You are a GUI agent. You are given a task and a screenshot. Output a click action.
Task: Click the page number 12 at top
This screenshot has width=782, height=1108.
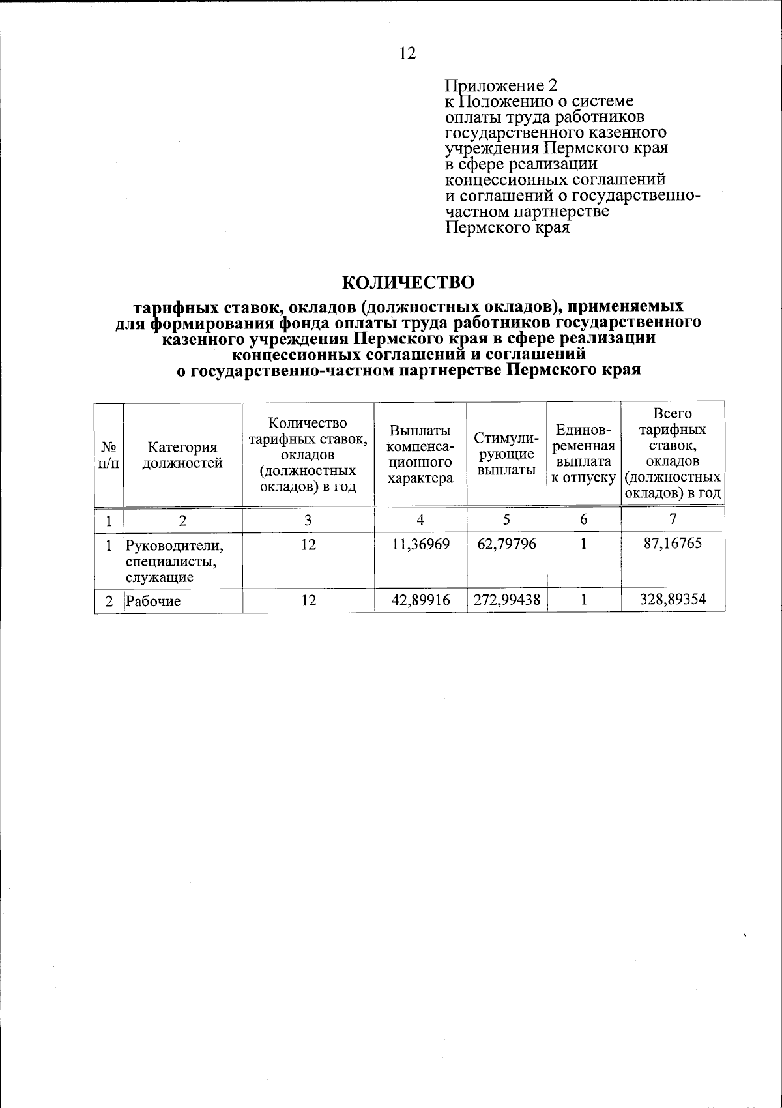(x=407, y=53)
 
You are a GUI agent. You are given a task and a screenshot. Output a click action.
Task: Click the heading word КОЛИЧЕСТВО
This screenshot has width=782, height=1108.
(x=409, y=282)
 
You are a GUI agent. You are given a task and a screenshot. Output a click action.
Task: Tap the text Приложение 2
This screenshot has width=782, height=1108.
(x=501, y=85)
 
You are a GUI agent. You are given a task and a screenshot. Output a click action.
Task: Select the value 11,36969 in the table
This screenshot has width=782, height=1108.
(x=420, y=544)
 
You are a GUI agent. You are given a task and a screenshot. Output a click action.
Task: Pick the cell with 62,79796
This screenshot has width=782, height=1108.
(x=506, y=544)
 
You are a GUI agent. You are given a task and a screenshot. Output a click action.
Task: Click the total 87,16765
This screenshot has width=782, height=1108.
(x=673, y=544)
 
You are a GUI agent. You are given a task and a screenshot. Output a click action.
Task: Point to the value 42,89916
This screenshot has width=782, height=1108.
(x=420, y=600)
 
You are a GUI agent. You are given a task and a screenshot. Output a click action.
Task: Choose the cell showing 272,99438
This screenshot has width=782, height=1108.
(x=506, y=600)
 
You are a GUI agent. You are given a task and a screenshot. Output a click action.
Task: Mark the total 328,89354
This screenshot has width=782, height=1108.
(x=673, y=600)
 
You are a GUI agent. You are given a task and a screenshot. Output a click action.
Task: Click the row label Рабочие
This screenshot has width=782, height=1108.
(x=153, y=601)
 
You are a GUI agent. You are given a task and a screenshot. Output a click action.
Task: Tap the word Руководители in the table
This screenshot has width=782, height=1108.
(x=174, y=545)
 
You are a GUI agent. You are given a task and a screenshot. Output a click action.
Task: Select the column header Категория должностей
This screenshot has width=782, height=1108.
(x=182, y=455)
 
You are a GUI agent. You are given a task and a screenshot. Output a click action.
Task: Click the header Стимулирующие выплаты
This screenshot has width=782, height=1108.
(x=506, y=454)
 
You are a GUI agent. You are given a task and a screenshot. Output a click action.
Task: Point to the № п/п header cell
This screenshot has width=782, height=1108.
(x=109, y=455)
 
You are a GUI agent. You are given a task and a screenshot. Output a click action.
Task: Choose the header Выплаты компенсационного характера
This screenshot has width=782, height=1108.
(x=420, y=454)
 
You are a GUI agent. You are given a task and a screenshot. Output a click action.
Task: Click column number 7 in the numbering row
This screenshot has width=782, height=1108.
(x=673, y=519)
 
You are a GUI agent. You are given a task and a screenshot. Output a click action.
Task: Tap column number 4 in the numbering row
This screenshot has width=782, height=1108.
(x=420, y=519)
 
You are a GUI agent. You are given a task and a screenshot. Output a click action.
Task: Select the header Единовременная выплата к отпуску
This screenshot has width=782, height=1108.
(x=583, y=454)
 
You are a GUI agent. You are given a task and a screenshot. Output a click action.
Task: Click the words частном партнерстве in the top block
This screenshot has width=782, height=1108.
(x=527, y=212)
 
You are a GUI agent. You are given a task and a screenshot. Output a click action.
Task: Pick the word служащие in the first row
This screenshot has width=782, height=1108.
(x=160, y=577)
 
